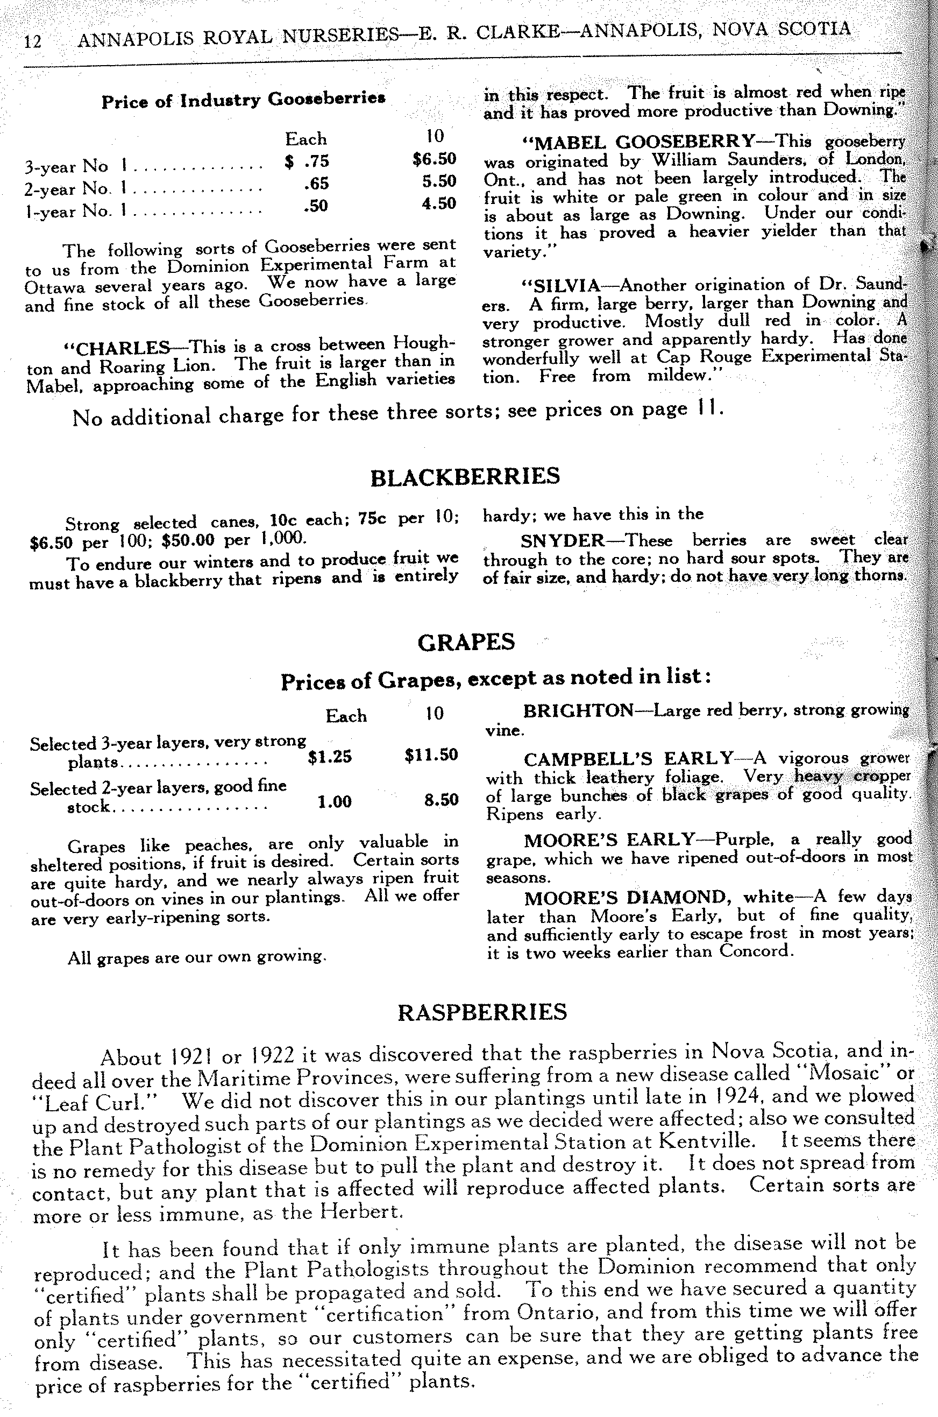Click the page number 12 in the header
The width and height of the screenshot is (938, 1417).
pyautogui.click(x=32, y=41)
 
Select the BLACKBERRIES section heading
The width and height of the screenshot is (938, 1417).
pyautogui.click(x=465, y=476)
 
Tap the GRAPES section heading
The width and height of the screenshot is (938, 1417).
pyautogui.click(x=465, y=642)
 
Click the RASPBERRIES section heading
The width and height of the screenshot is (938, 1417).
pyautogui.click(x=482, y=1012)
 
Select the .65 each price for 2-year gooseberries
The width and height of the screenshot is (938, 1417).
pyautogui.click(x=316, y=182)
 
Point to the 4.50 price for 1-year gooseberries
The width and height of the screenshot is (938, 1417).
pyautogui.click(x=438, y=203)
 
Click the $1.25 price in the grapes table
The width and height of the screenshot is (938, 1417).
pyautogui.click(x=330, y=757)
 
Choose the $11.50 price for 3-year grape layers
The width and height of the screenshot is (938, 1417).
pyautogui.click(x=431, y=755)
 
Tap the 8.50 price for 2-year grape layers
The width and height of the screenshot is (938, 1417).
pyautogui.click(x=441, y=800)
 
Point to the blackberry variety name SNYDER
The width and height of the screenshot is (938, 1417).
pyautogui.click(x=563, y=541)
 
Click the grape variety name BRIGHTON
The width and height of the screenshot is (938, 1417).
pyautogui.click(x=578, y=711)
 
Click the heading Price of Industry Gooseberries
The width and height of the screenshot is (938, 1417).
pyautogui.click(x=243, y=100)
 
